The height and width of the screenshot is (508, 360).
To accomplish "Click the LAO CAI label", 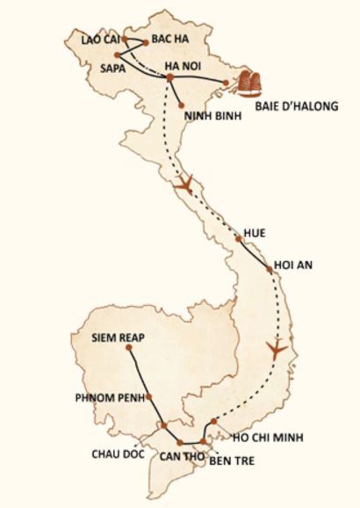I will pos(98,40).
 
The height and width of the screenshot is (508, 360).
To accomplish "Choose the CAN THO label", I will pos(181,456).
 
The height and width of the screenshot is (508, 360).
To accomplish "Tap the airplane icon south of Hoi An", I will pos(278,345).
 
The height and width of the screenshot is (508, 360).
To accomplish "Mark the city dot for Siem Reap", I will pos(128,348).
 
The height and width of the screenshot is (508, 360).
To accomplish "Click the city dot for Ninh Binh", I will pos(180,106).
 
